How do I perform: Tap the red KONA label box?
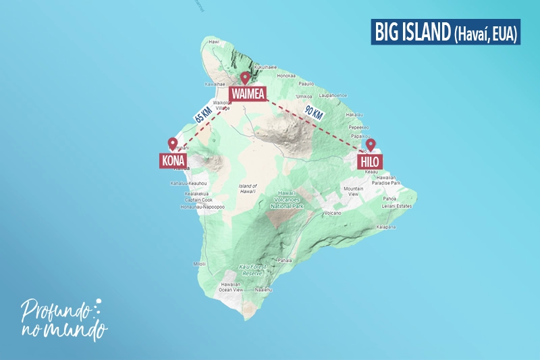173,161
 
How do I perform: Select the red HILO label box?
370,161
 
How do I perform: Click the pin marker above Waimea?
245,78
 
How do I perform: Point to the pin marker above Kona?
172,144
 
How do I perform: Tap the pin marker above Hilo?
370,145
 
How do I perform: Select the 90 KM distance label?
313,113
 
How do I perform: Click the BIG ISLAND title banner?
445,32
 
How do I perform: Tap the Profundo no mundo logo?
64,317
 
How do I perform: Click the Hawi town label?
215,42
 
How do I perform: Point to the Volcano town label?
332,213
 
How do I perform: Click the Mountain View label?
353,191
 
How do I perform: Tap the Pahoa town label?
389,199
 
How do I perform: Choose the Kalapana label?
385,227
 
